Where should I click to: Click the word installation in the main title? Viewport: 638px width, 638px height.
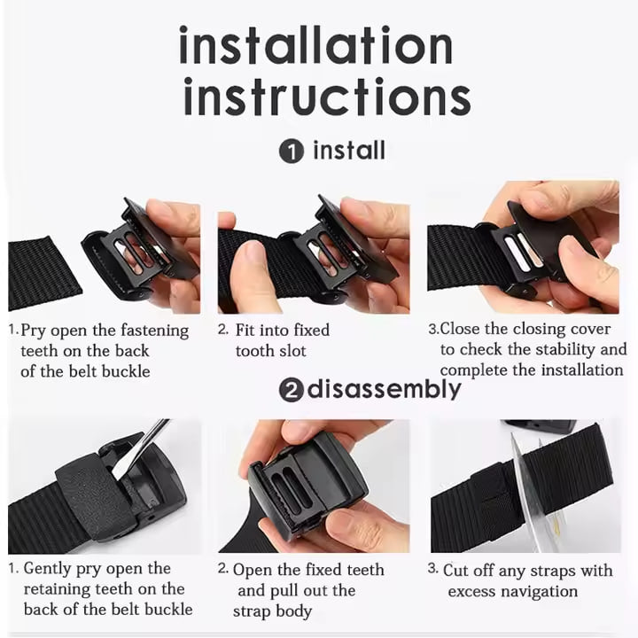[x=315, y=45]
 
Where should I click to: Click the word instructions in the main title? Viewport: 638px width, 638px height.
[x=327, y=97]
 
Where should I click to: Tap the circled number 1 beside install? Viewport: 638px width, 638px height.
[x=292, y=152]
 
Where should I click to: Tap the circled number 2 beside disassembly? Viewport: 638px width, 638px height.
[x=292, y=391]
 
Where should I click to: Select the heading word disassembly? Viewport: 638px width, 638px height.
[x=384, y=390]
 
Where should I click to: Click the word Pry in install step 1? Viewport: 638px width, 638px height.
[x=33, y=331]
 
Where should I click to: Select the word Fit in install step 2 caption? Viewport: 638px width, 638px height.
[x=245, y=330]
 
